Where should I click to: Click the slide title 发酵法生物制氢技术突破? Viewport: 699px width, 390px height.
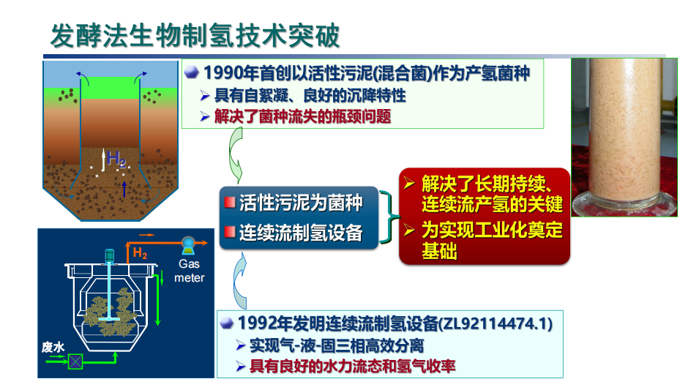point(195,36)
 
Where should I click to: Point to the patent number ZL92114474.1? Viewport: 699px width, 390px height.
point(496,323)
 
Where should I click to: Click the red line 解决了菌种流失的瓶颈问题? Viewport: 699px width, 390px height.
point(303,117)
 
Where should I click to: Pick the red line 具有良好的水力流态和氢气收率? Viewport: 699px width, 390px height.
point(352,367)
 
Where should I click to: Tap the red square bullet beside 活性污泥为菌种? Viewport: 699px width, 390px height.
point(230,203)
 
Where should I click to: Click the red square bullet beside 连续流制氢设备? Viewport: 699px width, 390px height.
point(230,232)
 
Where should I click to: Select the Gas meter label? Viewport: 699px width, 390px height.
point(189,271)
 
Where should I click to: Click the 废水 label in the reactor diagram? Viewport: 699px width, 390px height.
point(53,347)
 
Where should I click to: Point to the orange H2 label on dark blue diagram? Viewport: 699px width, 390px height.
point(140,253)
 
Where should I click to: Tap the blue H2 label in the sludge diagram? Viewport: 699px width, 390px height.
point(116,158)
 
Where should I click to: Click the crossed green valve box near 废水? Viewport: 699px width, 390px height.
point(75,361)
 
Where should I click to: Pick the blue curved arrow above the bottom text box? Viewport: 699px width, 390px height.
point(239,281)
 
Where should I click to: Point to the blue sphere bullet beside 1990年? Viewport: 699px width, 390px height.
point(191,72)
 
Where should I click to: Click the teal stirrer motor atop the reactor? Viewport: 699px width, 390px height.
point(109,255)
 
